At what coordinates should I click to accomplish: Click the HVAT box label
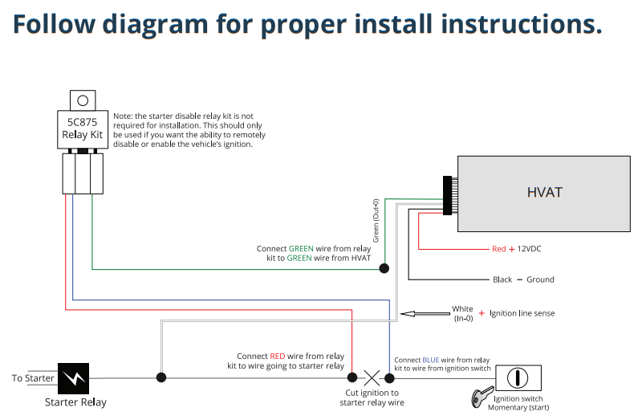click(x=544, y=192)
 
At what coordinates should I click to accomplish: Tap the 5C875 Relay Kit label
click(x=83, y=129)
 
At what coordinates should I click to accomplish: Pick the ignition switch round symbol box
click(x=518, y=377)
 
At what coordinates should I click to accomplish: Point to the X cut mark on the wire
click(x=371, y=377)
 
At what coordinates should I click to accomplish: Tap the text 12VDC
click(x=529, y=249)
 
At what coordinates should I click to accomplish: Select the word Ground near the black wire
click(x=541, y=279)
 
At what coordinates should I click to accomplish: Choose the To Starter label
click(x=34, y=378)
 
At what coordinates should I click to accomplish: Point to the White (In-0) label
click(x=462, y=313)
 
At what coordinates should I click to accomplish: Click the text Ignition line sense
click(x=522, y=313)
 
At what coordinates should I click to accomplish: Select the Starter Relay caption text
click(x=75, y=402)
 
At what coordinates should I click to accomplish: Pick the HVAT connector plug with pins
click(x=446, y=194)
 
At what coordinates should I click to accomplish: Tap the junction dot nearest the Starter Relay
click(x=161, y=377)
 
